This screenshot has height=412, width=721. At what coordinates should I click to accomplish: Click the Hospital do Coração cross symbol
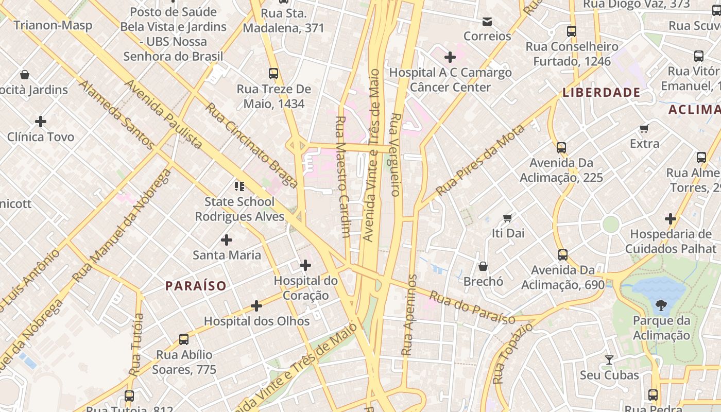pyautogui.click(x=305, y=266)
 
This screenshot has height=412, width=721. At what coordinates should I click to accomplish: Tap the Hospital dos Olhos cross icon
pyautogui.click(x=256, y=306)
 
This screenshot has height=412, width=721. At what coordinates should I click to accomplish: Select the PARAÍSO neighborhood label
pyautogui.click(x=196, y=286)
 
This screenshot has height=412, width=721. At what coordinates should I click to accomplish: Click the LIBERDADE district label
pyautogui.click(x=602, y=93)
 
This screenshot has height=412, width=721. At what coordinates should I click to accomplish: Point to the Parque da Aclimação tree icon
pyautogui.click(x=661, y=305)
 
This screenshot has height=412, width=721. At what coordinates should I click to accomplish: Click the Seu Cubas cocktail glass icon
pyautogui.click(x=609, y=360)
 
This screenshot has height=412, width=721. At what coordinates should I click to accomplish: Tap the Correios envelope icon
pyautogui.click(x=487, y=22)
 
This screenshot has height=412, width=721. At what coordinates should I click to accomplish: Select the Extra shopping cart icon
pyautogui.click(x=644, y=128)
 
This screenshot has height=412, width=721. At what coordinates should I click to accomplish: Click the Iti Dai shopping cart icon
pyautogui.click(x=508, y=218)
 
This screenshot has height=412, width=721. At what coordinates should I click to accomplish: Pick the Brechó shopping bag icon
pyautogui.click(x=483, y=266)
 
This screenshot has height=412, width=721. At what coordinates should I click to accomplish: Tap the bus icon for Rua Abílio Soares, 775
pyautogui.click(x=184, y=339)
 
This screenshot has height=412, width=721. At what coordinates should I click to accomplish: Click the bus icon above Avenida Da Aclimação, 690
pyautogui.click(x=563, y=255)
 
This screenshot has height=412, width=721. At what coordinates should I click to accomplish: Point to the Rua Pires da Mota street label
pyautogui.click(x=480, y=160)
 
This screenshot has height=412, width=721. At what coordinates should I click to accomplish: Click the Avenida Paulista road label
pyautogui.click(x=164, y=114)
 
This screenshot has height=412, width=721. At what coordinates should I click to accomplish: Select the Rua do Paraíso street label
pyautogui.click(x=472, y=308)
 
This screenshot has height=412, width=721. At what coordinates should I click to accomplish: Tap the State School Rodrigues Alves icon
pyautogui.click(x=239, y=186)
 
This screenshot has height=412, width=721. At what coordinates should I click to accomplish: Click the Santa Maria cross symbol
pyautogui.click(x=227, y=240)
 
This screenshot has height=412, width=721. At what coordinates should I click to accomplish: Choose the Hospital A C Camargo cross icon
pyautogui.click(x=450, y=57)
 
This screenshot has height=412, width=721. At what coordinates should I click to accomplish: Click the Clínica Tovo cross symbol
pyautogui.click(x=41, y=122)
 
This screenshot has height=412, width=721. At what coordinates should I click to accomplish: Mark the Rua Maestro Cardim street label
pyautogui.click(x=342, y=176)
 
